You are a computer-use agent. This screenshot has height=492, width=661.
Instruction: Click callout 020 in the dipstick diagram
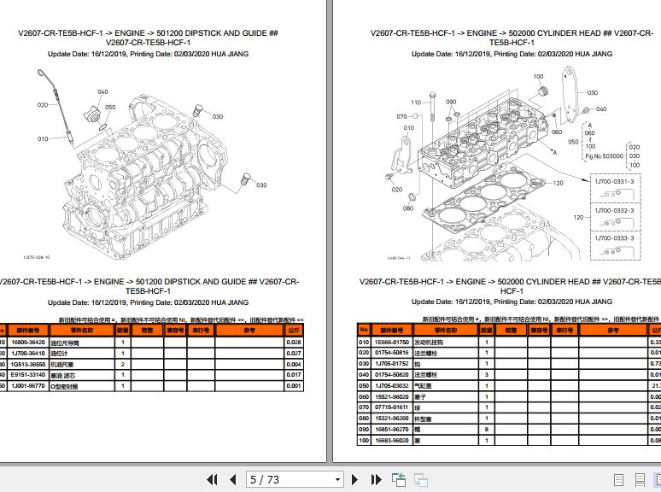point(42,105)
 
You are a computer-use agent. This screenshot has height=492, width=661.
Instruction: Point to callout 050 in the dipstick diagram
point(110,108)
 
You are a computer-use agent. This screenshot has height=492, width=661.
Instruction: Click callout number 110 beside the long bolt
point(416,102)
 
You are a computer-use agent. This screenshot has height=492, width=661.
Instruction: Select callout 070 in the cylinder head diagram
point(402,117)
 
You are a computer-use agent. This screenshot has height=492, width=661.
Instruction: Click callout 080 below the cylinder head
point(407,208)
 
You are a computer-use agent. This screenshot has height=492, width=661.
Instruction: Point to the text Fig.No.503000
point(604,156)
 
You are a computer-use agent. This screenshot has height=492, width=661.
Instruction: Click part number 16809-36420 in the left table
point(28,342)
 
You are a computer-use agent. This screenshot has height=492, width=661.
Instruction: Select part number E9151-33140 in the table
point(28,374)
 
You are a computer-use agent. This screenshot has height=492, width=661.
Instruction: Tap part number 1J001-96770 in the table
point(28,385)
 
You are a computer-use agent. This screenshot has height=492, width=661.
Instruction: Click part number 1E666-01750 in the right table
point(391,342)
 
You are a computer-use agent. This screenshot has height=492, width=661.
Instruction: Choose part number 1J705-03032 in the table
point(391,385)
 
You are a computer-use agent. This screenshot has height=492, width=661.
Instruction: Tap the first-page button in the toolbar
point(209,479)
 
